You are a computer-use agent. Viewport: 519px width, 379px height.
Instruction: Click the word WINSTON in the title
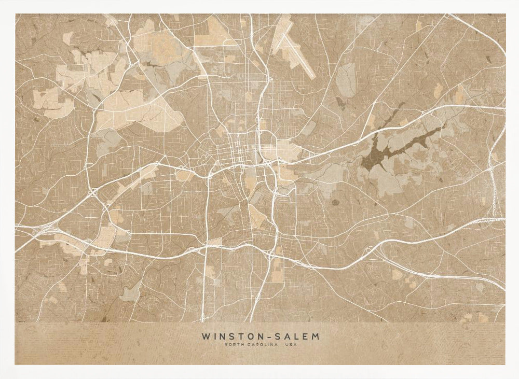point(227,336)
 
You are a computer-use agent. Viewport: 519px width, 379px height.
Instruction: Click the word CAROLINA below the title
point(260,345)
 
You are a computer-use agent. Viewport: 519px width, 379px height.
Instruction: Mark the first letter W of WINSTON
point(205,336)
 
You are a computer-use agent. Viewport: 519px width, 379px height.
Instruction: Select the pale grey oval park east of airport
point(345,78)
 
